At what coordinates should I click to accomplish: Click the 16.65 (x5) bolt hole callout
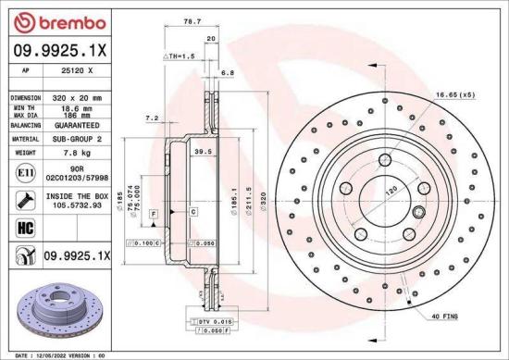pos(454,93)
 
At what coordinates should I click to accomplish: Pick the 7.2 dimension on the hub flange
pos(153,118)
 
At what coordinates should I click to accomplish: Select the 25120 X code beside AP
pos(76,69)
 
